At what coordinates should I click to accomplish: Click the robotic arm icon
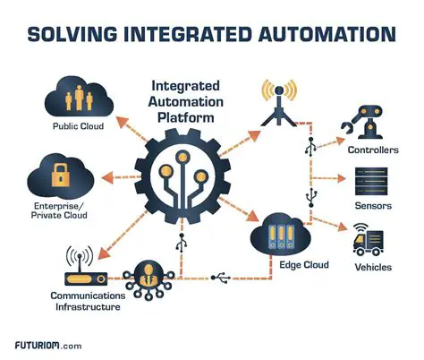coord(369,120)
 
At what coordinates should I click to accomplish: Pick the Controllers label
coord(371,150)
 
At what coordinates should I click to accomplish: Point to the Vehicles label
coord(371,268)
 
